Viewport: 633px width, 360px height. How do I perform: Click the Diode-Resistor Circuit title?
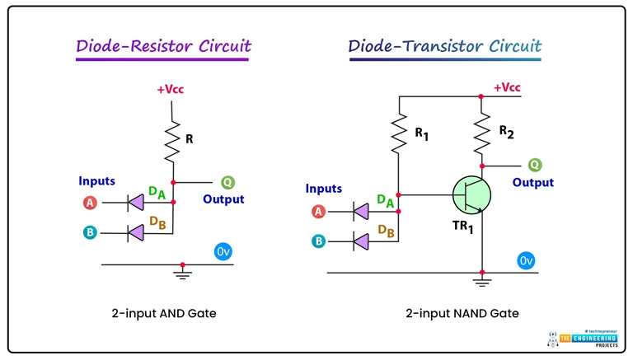click(x=163, y=46)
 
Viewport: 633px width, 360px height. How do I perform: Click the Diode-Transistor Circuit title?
click(x=445, y=46)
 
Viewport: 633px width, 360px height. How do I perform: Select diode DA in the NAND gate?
click(x=360, y=212)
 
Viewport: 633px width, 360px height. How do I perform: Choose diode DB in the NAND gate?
click(x=360, y=241)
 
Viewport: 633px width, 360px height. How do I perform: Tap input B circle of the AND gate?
click(x=90, y=232)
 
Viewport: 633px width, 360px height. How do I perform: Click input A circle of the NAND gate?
click(x=318, y=212)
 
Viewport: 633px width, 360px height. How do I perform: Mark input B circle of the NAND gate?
click(x=318, y=241)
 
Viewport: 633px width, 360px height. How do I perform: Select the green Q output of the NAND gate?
click(x=535, y=165)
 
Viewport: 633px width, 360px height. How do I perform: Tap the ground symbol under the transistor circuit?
click(x=482, y=282)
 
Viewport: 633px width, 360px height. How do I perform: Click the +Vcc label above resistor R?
click(x=172, y=89)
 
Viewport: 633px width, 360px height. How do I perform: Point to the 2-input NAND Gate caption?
click(x=462, y=313)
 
